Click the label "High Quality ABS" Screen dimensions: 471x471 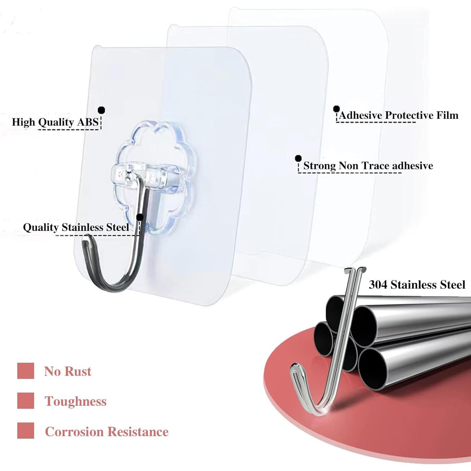click(55, 122)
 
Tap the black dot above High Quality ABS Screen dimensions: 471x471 click(102, 110)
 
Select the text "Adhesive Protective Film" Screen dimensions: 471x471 click(398, 115)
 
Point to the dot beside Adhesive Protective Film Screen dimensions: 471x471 click(336, 109)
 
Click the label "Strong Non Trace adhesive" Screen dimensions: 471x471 click(368, 166)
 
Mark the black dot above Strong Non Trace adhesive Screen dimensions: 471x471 click(298, 158)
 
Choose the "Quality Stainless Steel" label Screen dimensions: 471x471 click(76, 227)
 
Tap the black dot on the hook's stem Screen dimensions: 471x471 click(140, 217)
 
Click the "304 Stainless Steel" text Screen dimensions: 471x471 click(417, 285)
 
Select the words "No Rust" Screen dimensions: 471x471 click(68, 371)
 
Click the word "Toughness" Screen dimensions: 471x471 click(76, 401)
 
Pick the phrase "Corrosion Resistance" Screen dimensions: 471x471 click(107, 432)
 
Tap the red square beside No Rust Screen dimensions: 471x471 click(26, 371)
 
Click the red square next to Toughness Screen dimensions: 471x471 click(26, 401)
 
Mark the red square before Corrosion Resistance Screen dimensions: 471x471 click(26, 431)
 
